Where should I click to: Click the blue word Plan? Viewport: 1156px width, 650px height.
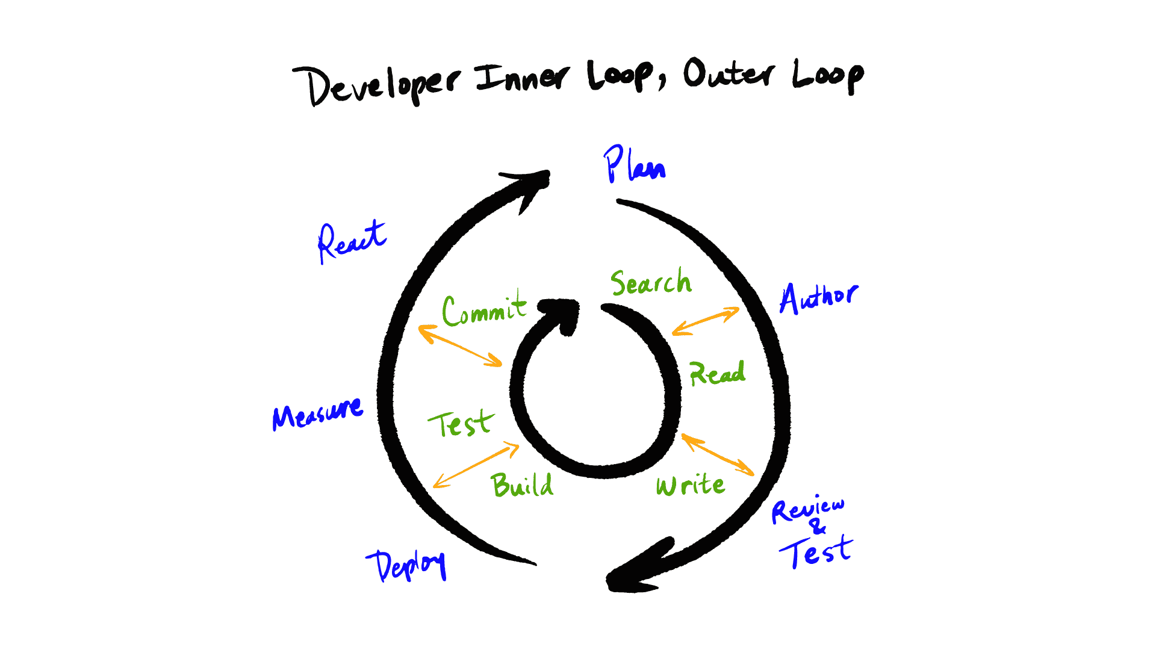[x=635, y=165]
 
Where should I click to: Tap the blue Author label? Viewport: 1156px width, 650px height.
[x=819, y=297]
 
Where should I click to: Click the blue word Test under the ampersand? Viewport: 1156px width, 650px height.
[x=816, y=551]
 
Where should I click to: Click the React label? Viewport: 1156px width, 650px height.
[x=352, y=241]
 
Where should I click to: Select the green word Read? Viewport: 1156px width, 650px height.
[x=717, y=373]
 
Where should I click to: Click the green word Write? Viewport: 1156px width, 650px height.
[x=690, y=485]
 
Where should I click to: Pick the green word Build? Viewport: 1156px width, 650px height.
[x=522, y=485]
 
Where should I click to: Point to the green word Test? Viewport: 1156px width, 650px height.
[x=461, y=424]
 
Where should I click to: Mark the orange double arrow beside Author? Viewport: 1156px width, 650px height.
[x=706, y=321]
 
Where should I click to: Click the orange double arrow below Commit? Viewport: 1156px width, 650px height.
[x=460, y=345]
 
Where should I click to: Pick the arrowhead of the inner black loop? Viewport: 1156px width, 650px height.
[x=561, y=313]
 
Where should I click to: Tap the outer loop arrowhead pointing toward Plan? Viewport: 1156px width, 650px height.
[x=530, y=184]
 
